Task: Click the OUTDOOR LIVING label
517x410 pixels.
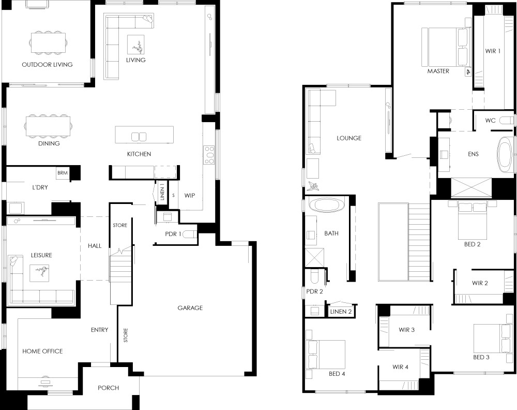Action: click(x=47, y=64)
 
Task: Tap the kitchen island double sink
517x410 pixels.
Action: click(x=139, y=137)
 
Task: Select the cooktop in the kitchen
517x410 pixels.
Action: click(x=209, y=155)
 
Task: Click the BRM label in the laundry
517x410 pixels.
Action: click(x=63, y=173)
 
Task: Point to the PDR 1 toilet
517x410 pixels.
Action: click(x=189, y=234)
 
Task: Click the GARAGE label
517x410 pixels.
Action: click(x=190, y=307)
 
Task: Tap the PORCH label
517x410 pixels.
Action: click(x=109, y=388)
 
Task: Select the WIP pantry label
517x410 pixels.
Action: click(x=190, y=196)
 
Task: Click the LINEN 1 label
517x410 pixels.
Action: click(x=162, y=194)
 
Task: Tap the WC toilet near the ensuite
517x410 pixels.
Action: click(x=507, y=120)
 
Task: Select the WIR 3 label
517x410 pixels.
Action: click(x=406, y=330)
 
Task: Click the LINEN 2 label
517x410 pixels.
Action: click(x=341, y=312)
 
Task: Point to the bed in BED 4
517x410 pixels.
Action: click(x=326, y=355)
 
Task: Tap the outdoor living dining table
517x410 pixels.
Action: click(x=48, y=42)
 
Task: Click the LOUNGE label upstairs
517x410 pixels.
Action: click(x=349, y=138)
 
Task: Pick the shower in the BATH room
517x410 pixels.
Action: click(x=314, y=257)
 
